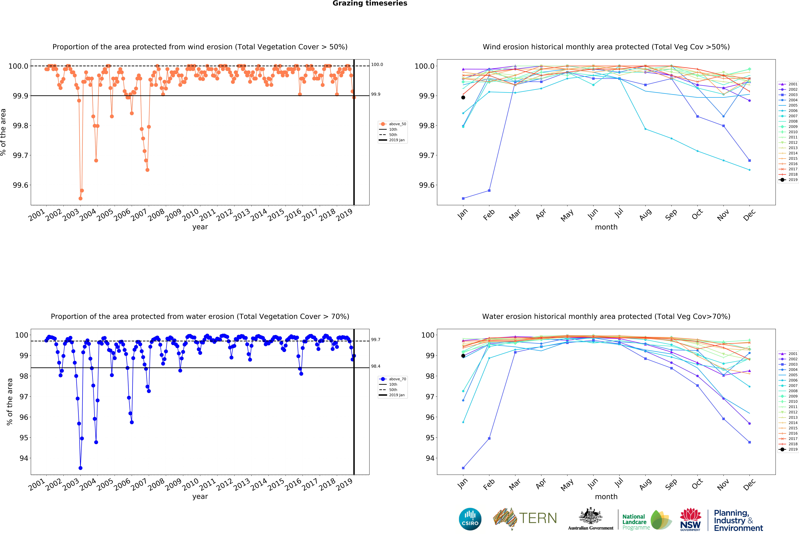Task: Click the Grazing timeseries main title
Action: [x=370, y=3]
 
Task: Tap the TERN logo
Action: [x=525, y=518]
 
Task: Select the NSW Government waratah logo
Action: [x=690, y=519]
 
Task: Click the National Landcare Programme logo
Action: [x=646, y=521]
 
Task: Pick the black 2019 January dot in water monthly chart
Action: [x=463, y=356]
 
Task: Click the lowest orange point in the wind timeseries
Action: [x=80, y=198]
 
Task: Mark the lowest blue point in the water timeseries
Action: [x=80, y=468]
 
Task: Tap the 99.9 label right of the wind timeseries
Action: [x=376, y=94]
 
